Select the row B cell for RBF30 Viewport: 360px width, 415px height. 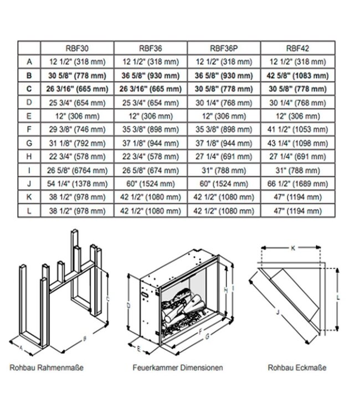(x=77, y=75)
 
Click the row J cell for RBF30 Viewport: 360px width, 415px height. (x=77, y=183)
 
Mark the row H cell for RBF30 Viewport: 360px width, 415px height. (x=77, y=156)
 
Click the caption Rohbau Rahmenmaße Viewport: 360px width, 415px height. (x=47, y=367)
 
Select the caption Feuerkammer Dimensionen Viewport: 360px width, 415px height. (x=178, y=367)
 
